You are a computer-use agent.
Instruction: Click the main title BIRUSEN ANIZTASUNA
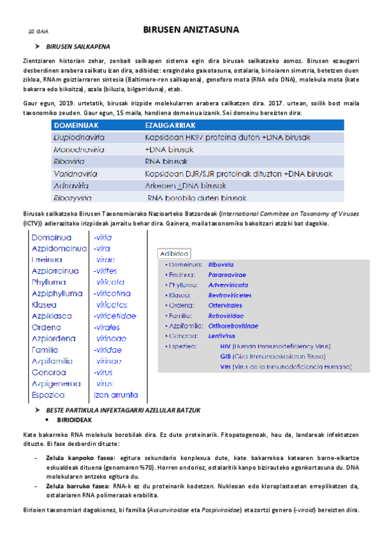tap(191, 29)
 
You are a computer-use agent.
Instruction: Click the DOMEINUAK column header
tap(84, 126)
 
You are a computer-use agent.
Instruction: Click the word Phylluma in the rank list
tap(48, 282)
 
